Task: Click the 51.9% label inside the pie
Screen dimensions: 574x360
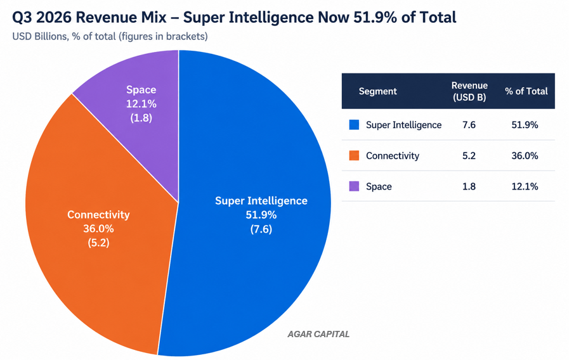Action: click(x=261, y=215)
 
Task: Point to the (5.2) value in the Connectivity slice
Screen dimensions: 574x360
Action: click(x=98, y=243)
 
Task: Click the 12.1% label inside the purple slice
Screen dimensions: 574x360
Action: click(x=141, y=104)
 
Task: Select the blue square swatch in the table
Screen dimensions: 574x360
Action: click(x=354, y=125)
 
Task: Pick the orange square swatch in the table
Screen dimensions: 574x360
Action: click(x=354, y=155)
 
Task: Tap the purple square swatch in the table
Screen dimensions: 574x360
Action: click(x=354, y=186)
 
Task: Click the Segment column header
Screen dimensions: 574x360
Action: click(x=377, y=91)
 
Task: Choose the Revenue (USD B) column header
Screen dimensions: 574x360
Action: click(x=469, y=91)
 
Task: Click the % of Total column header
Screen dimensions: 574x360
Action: click(x=526, y=91)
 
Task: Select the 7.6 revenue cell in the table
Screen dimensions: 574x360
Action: click(x=469, y=125)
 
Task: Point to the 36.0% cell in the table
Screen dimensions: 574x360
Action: click(x=525, y=156)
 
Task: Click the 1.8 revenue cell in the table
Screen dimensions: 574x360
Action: click(x=469, y=186)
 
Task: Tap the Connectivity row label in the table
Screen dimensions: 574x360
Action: click(x=393, y=156)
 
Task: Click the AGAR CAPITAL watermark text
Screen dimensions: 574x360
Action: click(x=318, y=334)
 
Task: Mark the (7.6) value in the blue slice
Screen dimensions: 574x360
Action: click(x=261, y=229)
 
